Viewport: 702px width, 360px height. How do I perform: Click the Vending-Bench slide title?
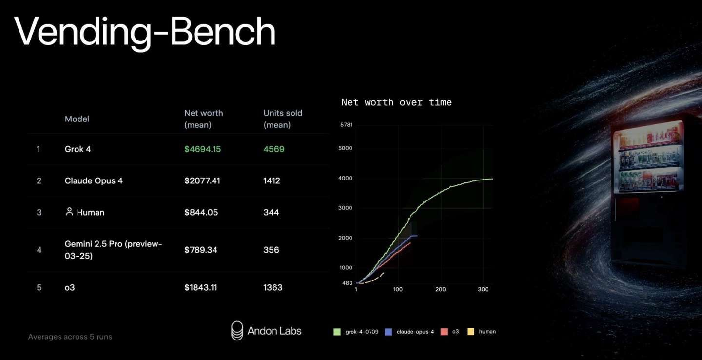coord(144,32)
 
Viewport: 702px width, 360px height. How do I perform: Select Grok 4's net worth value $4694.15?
coord(202,149)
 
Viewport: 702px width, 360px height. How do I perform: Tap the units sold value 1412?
coord(272,180)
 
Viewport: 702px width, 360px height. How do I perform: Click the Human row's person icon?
coord(69,212)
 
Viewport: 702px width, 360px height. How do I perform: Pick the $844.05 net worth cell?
coord(201,212)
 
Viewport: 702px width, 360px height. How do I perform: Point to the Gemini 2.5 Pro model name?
coord(114,250)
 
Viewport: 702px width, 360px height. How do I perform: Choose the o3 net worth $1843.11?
coord(200,288)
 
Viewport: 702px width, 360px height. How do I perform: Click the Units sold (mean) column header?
coord(283,119)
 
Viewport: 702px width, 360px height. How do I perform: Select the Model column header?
coord(77,119)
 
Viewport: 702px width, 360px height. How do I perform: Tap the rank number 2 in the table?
coord(39,180)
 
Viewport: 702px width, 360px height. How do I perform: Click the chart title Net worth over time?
coord(396,102)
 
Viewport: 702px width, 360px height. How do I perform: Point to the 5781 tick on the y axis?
coord(346,125)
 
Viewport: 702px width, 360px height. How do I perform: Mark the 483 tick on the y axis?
coord(347,283)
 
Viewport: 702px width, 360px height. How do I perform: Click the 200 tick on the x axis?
coord(440,289)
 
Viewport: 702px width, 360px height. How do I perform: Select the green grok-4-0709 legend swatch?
coord(337,332)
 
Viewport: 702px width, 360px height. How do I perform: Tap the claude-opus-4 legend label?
coord(415,332)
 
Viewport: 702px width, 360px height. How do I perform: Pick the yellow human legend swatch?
coord(470,332)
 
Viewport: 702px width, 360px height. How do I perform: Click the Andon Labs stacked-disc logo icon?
coord(237,331)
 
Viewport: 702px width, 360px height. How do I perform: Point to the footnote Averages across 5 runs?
coord(70,337)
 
